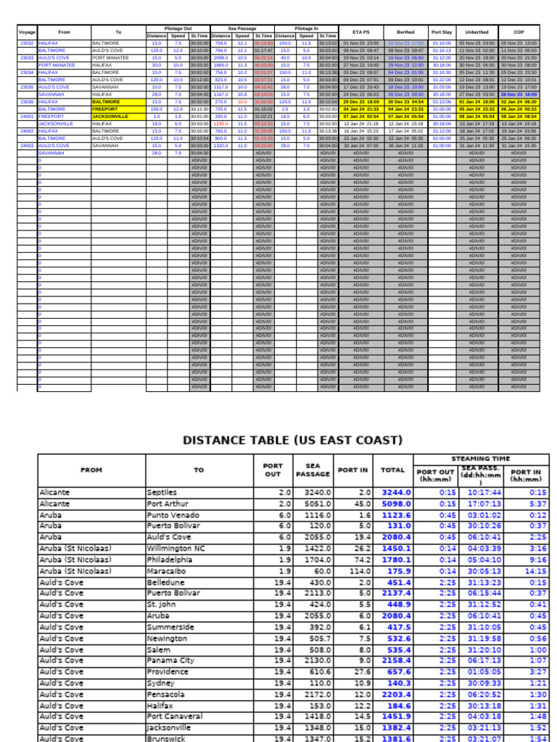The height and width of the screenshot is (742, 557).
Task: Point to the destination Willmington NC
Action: pos(176,549)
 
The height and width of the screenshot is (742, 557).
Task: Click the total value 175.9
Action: pos(395,571)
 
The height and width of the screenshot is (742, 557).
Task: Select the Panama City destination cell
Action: pos(170,660)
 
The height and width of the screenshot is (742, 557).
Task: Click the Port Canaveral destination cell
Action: pos(174,717)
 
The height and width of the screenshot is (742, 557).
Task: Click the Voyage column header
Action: pos(27,32)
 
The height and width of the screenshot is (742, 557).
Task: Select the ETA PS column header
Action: pos(360,32)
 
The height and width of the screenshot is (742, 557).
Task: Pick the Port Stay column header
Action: pos(441,32)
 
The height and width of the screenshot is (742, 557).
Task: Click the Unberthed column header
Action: pos(476,32)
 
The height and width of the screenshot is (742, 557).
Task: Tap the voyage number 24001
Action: pos(27,116)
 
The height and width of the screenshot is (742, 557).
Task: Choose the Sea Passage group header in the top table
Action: pos(242,28)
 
